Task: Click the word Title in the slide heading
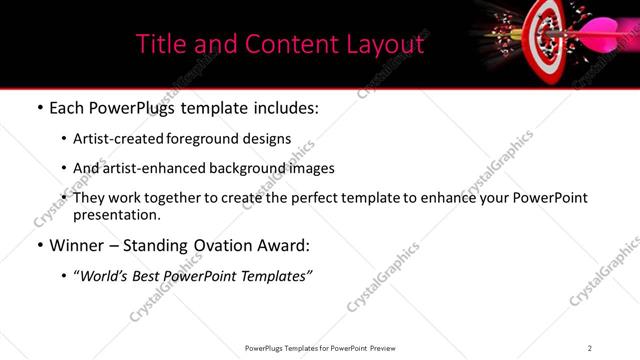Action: point(160,44)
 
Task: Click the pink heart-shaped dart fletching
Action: point(603,32)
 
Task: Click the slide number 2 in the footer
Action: point(590,348)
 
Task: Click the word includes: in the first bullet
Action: point(283,108)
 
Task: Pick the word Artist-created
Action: point(109,139)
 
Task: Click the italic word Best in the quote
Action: point(145,275)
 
